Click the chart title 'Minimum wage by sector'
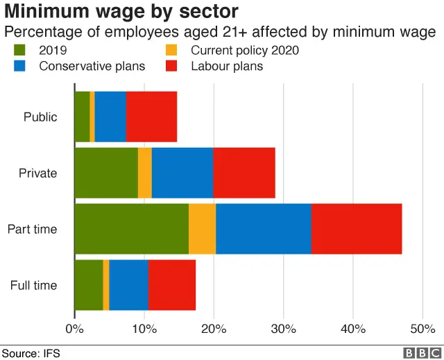121,12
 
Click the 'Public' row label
40,117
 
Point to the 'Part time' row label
32,229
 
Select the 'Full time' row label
34,285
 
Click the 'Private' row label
38,173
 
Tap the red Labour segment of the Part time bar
356,229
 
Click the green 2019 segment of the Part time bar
131,229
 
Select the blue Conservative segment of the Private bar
182,173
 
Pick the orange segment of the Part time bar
202,229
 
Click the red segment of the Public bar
151,117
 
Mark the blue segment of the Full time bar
128,285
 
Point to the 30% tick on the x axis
283,328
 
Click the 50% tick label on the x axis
422,328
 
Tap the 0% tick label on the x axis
74,328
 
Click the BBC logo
417,353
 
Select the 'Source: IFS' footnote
31,353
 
